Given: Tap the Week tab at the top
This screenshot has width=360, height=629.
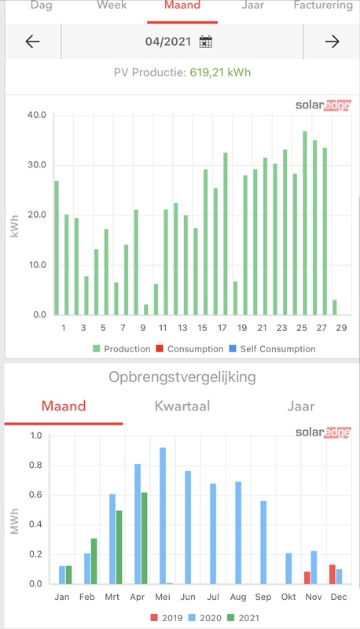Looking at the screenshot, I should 112,6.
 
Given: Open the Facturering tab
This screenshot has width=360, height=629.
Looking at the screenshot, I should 323,6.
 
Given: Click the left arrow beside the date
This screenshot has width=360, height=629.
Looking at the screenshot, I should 32,42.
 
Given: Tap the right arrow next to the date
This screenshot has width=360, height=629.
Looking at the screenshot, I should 332,42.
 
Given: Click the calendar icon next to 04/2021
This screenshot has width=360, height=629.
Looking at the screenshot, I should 206,42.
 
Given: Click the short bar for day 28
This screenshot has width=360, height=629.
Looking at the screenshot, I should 334,307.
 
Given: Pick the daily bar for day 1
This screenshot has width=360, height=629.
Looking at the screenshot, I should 57,248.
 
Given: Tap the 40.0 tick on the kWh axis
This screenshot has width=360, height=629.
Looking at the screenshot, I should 37,115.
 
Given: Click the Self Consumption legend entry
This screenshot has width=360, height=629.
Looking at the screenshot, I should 277,348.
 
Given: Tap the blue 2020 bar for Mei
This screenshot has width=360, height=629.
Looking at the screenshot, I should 163,516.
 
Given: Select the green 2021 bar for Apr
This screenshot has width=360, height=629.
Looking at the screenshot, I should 144,538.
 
